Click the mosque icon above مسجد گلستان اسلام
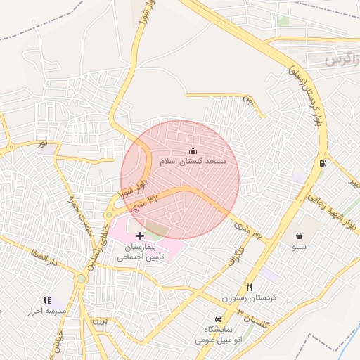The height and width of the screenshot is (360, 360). (193, 150)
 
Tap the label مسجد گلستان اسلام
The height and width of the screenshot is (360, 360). (193, 162)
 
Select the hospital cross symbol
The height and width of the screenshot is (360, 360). (140, 235)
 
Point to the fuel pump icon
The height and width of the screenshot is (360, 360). (323, 163)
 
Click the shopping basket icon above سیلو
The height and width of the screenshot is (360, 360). (300, 236)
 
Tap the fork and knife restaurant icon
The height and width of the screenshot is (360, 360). (249, 287)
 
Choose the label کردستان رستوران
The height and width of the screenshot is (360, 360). (250, 298)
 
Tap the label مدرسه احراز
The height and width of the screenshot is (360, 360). (46, 311)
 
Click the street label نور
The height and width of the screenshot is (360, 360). (44, 143)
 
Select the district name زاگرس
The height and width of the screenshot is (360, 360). (342, 60)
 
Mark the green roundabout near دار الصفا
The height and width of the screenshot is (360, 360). (81, 278)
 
